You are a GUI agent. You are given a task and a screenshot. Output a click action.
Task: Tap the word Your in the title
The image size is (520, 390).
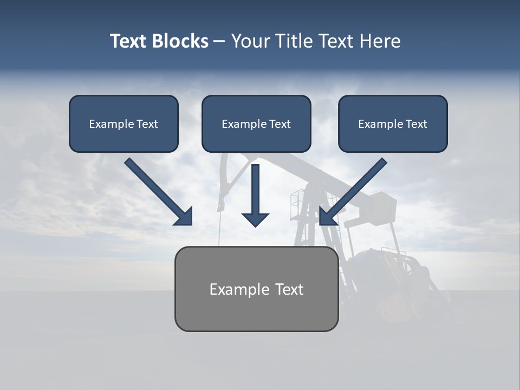250,41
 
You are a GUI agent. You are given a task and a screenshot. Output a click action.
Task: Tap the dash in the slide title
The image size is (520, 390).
219,42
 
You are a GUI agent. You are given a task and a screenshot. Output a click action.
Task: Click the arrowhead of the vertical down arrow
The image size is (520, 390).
255,219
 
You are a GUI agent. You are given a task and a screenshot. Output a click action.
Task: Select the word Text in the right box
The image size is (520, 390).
417,124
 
